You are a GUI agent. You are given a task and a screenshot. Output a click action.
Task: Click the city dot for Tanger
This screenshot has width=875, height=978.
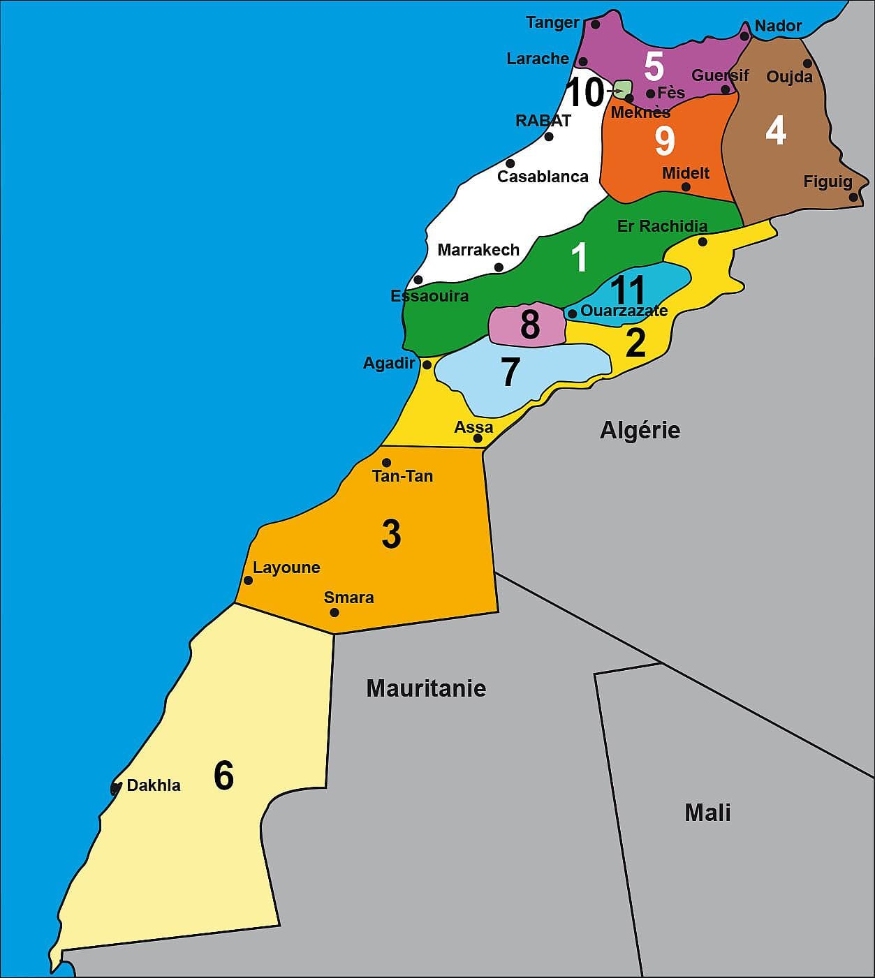pyautogui.click(x=595, y=24)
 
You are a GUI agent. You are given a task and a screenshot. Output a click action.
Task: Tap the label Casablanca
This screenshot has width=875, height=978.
pyautogui.click(x=543, y=177)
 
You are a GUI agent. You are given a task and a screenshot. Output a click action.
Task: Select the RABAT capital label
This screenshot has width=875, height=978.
pyautogui.click(x=543, y=121)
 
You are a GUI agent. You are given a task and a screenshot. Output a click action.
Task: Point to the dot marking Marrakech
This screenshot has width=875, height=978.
pyautogui.click(x=499, y=267)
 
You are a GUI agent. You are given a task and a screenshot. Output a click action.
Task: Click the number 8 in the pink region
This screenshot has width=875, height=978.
pyautogui.click(x=529, y=325)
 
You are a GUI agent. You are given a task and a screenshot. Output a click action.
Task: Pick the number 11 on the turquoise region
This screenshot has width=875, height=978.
pyautogui.click(x=628, y=289)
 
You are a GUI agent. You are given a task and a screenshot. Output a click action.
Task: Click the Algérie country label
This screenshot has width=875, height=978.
pyautogui.click(x=640, y=430)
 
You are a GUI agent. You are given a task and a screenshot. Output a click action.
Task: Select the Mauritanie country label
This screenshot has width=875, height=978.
pyautogui.click(x=426, y=688)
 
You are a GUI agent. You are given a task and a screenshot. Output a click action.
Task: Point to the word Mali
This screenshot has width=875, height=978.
pyautogui.click(x=707, y=813)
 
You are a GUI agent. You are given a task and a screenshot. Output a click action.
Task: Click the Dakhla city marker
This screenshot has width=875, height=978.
pyautogui.click(x=115, y=788)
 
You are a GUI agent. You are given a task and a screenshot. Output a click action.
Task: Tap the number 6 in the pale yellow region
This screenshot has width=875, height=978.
pyautogui.click(x=223, y=776)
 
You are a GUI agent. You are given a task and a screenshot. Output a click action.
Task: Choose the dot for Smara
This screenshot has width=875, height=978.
pyautogui.click(x=334, y=612)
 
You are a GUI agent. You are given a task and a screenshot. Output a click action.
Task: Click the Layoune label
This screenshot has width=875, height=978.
pyautogui.click(x=286, y=568)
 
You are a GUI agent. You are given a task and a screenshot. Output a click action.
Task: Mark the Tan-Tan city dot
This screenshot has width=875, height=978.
pyautogui.click(x=386, y=462)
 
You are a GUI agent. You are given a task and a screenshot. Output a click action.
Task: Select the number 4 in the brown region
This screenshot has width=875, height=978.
pyautogui.click(x=776, y=131)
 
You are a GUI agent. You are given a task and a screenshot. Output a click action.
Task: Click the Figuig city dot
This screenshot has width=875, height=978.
pyautogui.click(x=853, y=197)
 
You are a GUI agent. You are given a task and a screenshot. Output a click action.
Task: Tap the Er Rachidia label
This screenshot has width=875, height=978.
pyautogui.click(x=662, y=226)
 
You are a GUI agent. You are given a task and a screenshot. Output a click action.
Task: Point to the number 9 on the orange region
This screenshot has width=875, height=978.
pyautogui.click(x=665, y=140)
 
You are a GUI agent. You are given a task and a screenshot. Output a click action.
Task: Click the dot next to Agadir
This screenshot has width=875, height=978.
pyautogui.click(x=427, y=364)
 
